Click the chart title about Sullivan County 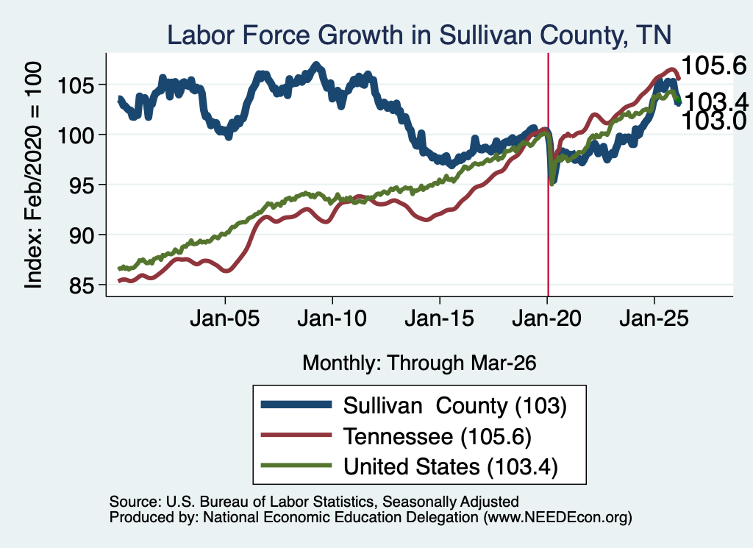[x=418, y=35]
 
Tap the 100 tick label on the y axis [x=76, y=136]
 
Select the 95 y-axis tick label [x=82, y=186]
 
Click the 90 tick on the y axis [x=82, y=236]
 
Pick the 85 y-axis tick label [x=82, y=286]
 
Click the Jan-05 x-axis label [x=225, y=319]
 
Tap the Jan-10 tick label [x=332, y=319]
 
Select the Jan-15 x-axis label [x=440, y=319]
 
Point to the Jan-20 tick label [x=546, y=319]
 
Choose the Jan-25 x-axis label [x=654, y=319]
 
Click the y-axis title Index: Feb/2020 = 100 [x=33, y=175]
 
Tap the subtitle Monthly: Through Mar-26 [x=419, y=363]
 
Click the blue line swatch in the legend [x=296, y=405]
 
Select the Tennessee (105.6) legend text [x=438, y=437]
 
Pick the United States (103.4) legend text [x=451, y=467]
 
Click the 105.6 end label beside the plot [x=714, y=65]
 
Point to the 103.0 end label [x=714, y=121]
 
